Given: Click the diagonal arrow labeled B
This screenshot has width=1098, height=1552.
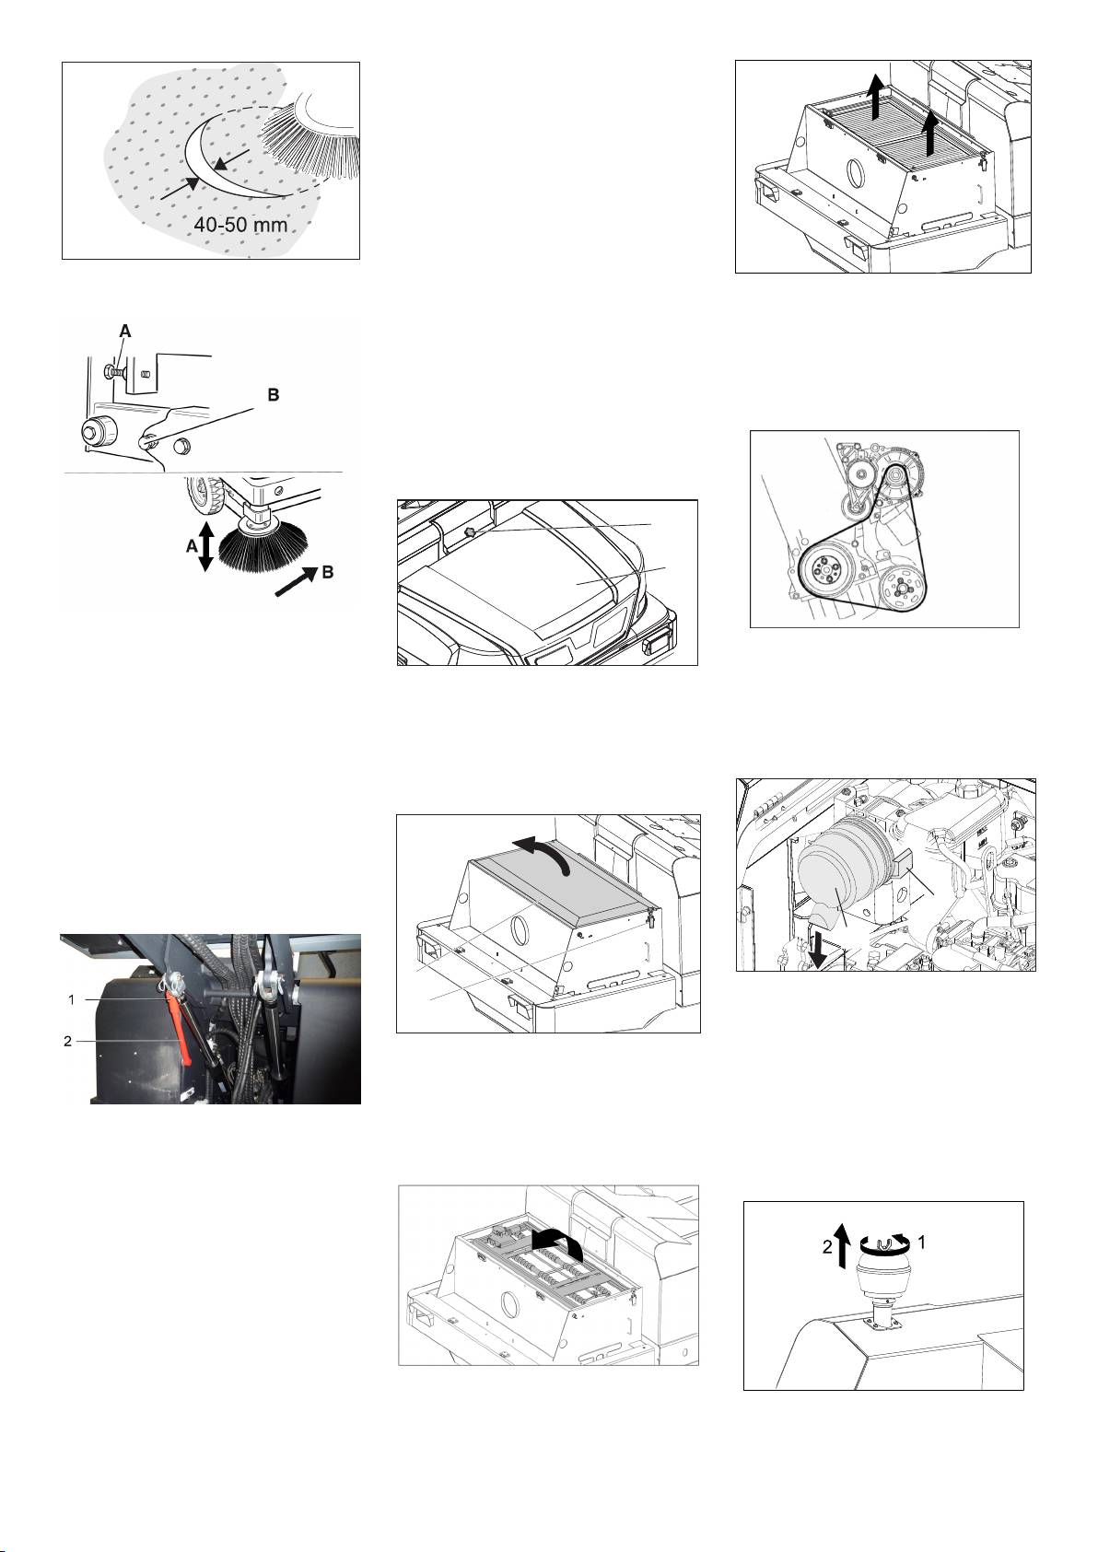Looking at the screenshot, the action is [294, 582].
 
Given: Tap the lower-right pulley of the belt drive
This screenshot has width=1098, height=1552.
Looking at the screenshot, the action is [903, 586].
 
